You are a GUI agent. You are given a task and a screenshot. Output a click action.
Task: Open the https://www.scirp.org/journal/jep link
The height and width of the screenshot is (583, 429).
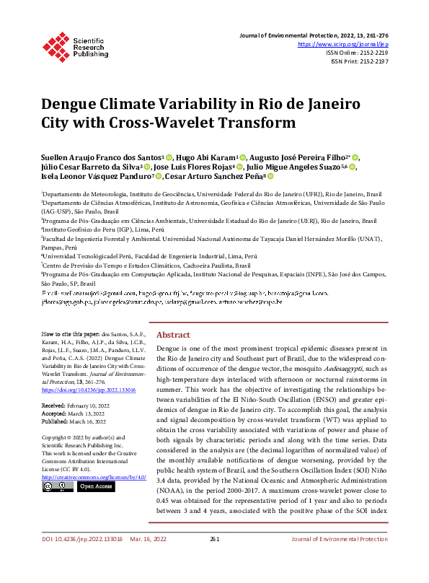click(x=342, y=44)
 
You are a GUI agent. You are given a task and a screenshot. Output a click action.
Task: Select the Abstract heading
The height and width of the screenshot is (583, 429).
click(x=173, y=336)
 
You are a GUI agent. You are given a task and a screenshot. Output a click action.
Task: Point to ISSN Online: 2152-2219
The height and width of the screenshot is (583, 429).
click(x=358, y=53)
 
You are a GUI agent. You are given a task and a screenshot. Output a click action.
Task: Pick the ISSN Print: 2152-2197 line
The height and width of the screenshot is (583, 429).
click(x=360, y=61)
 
